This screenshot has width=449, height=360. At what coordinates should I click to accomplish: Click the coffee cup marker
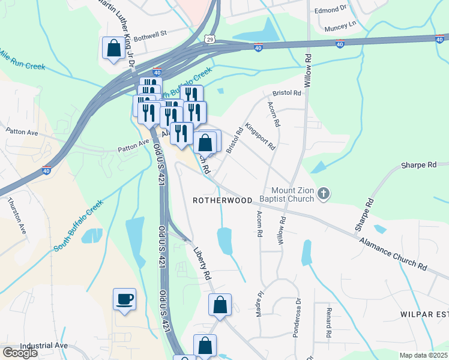pyautogui.click(x=124, y=299)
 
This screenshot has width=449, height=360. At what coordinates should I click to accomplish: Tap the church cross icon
pyautogui.click(x=323, y=193)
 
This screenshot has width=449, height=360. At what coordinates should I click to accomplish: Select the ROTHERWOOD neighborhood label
pyautogui.click(x=222, y=200)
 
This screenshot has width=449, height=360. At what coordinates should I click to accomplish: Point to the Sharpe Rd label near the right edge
pyautogui.click(x=419, y=165)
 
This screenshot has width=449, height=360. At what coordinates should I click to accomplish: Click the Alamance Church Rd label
pyautogui.click(x=394, y=254)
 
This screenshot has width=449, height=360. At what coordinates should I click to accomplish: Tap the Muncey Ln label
pyautogui.click(x=339, y=26)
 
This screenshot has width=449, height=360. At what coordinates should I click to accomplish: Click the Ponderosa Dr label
pyautogui.click(x=296, y=318)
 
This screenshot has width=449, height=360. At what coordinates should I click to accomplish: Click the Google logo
pyautogui.click(x=20, y=353)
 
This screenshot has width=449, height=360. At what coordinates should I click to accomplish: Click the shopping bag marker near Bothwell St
pyautogui.click(x=113, y=48)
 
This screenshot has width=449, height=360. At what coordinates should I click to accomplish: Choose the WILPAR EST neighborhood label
pyautogui.click(x=424, y=314)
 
